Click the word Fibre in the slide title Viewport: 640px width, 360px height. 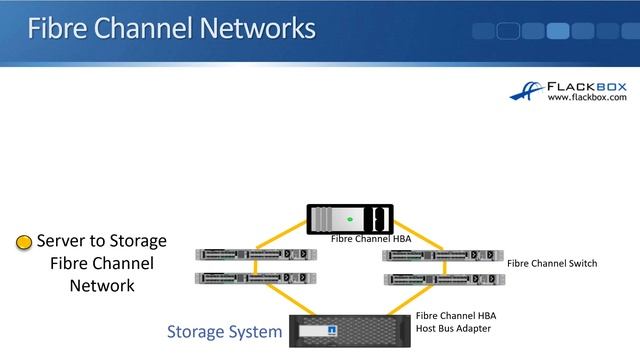point(60,28)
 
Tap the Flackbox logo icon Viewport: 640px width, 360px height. point(527,90)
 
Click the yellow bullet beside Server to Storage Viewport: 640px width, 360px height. point(23,243)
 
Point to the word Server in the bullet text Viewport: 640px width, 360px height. point(64,241)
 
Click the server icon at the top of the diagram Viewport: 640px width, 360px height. point(348,219)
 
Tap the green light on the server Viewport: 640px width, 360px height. point(349,219)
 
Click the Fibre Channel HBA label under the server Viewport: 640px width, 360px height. point(371,239)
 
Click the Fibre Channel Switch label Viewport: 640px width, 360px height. point(552,264)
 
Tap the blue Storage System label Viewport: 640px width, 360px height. point(224,331)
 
